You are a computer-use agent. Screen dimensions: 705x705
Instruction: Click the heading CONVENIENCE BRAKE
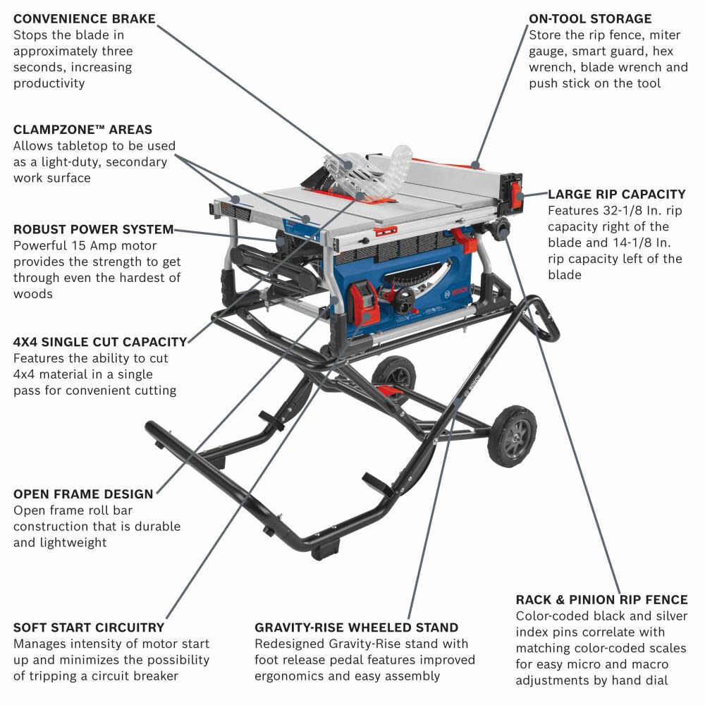(84, 19)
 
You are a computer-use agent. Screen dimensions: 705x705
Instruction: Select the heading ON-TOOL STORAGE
(590, 19)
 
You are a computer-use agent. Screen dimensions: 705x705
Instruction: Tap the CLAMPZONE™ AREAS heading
(82, 130)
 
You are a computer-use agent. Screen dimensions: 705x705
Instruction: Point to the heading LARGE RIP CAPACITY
(616, 194)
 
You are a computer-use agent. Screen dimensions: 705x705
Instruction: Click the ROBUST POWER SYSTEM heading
(93, 229)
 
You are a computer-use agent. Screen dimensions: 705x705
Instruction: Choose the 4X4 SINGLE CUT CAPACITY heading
(100, 342)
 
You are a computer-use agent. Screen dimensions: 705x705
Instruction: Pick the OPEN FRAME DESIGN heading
(83, 493)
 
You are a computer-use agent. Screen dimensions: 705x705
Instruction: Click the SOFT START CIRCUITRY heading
(89, 627)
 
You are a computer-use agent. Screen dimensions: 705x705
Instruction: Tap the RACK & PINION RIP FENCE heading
(601, 600)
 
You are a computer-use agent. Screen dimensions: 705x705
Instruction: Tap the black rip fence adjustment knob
(501, 228)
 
